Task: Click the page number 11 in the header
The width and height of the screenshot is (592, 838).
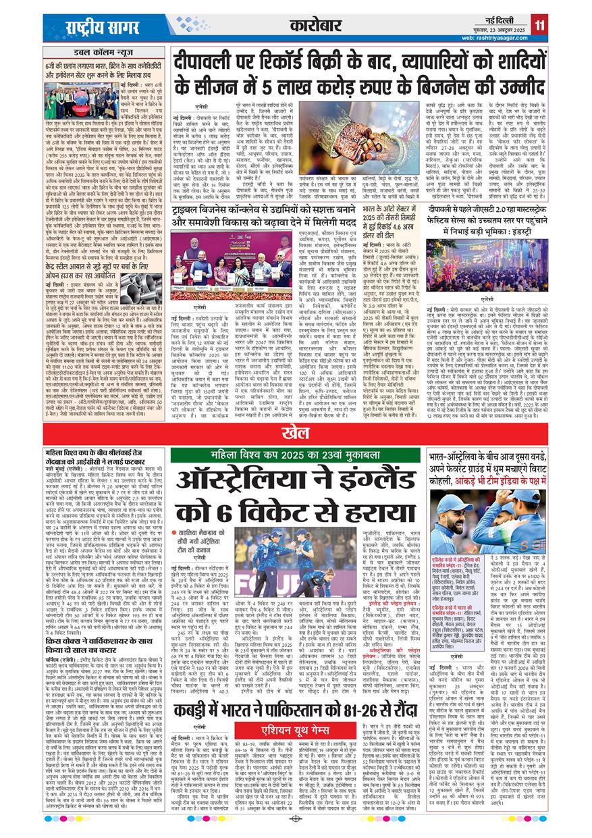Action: pyautogui.click(x=540, y=26)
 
